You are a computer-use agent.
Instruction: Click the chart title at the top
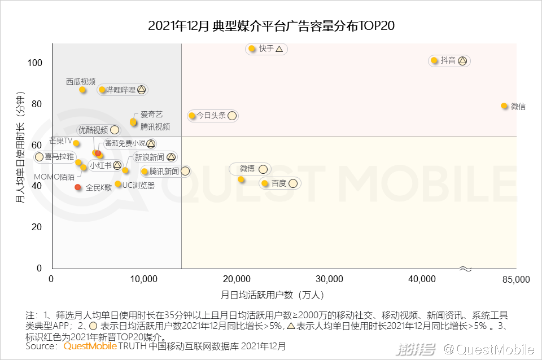click(x=270, y=26)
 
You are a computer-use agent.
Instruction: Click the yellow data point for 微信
click(x=504, y=106)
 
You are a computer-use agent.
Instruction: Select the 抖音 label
click(x=448, y=60)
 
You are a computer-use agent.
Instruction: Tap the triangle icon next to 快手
click(x=279, y=49)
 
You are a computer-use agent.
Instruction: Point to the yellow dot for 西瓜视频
click(x=82, y=90)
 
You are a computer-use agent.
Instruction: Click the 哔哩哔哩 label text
click(x=121, y=90)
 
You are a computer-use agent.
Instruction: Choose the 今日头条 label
click(x=211, y=116)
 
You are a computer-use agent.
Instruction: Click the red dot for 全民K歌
click(x=78, y=187)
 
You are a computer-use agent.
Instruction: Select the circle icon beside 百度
click(x=292, y=183)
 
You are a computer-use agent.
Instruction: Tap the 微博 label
click(x=247, y=169)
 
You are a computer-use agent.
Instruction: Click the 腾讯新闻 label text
click(x=164, y=172)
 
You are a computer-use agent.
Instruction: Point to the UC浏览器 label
click(x=138, y=185)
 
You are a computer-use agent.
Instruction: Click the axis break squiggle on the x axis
click(x=465, y=269)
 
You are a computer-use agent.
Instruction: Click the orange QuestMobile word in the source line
click(x=90, y=346)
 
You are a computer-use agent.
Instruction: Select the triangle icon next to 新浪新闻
click(x=171, y=157)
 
